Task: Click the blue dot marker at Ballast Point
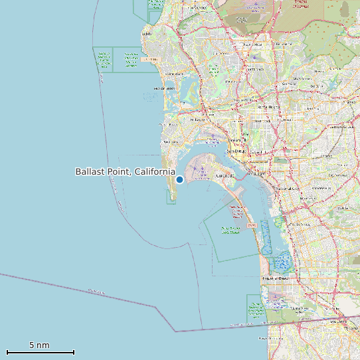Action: pyautogui.click(x=179, y=179)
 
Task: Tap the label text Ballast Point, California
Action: pyautogui.click(x=125, y=172)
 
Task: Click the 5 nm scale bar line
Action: pyautogui.click(x=40, y=352)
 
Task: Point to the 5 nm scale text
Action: pyautogui.click(x=39, y=345)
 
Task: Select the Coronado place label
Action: pyautogui.click(x=224, y=176)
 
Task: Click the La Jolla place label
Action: pyautogui.click(x=147, y=34)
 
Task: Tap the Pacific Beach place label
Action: pyautogui.click(x=173, y=73)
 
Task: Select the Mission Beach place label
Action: pyautogui.click(x=163, y=88)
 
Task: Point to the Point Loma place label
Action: pyautogui.click(x=171, y=142)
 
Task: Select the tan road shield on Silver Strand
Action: pyautogui.click(x=251, y=226)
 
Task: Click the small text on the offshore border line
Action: pyautogui.click(x=96, y=291)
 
